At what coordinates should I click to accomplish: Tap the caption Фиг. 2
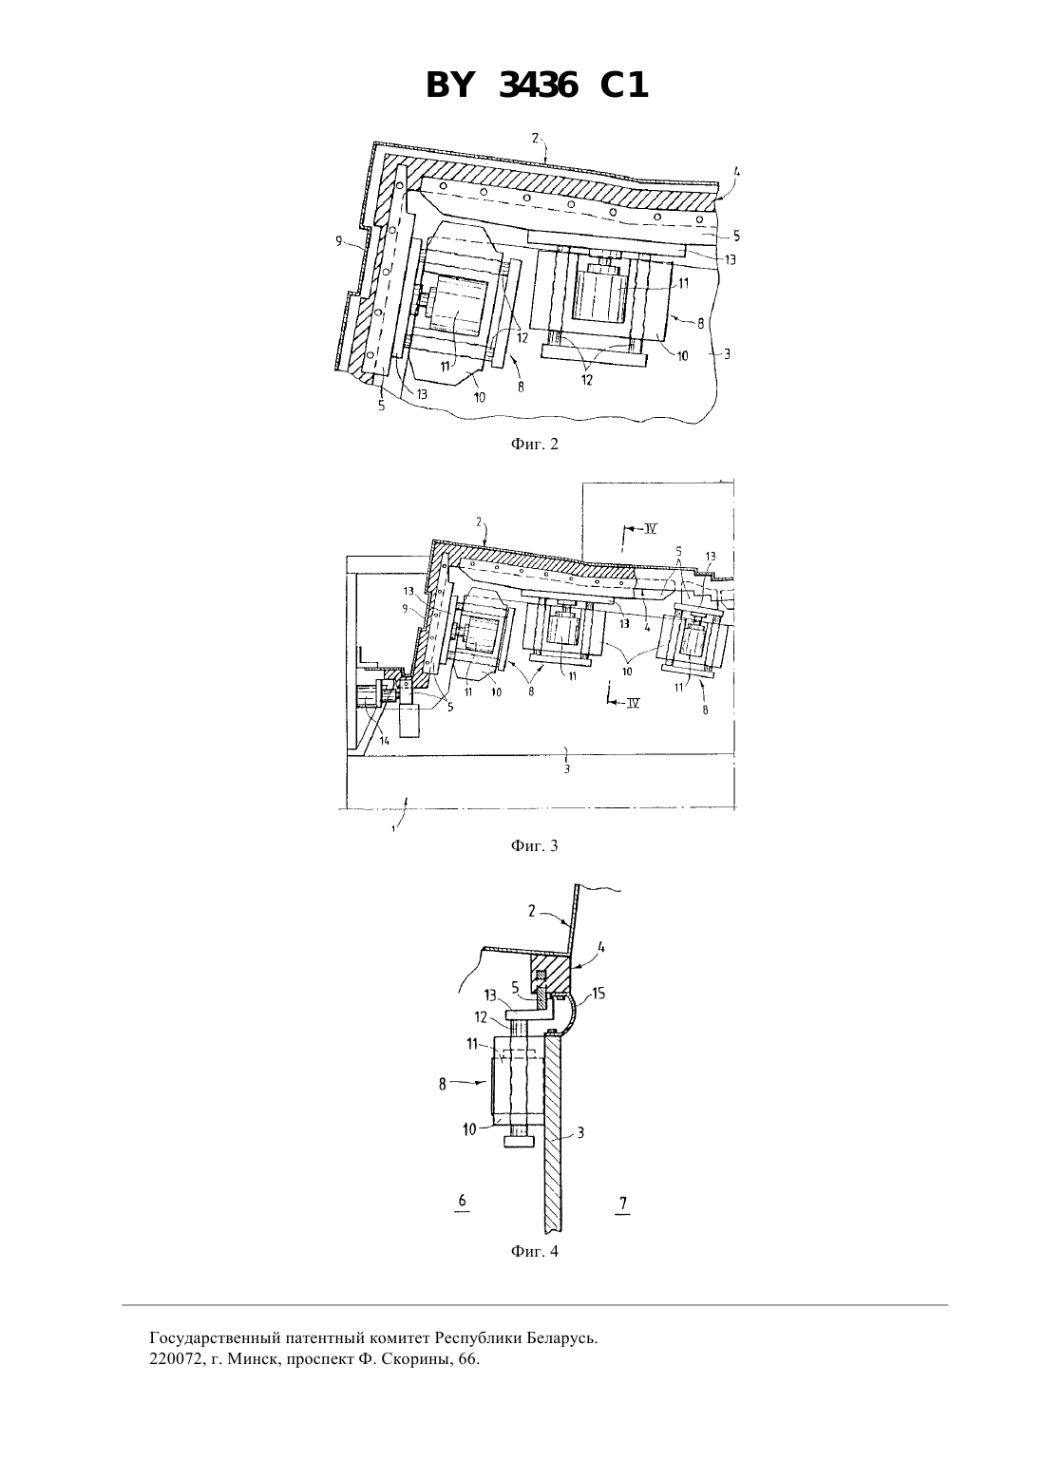pyautogui.click(x=534, y=444)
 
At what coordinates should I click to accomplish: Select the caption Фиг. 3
pyautogui.click(x=534, y=845)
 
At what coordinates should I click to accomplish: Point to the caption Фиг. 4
pyautogui.click(x=534, y=1251)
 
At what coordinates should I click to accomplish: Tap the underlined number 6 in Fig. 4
pyautogui.click(x=462, y=1201)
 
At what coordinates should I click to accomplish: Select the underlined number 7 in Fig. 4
pyautogui.click(x=623, y=1203)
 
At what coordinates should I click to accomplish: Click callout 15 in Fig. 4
pyautogui.click(x=598, y=994)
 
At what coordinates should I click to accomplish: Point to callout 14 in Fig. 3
pyautogui.click(x=385, y=740)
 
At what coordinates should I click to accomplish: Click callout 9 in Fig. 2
pyautogui.click(x=339, y=241)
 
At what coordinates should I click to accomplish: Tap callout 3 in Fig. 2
pyautogui.click(x=727, y=354)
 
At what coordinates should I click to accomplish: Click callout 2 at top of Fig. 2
pyautogui.click(x=535, y=138)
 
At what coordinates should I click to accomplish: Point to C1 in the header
pyautogui.click(x=624, y=85)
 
